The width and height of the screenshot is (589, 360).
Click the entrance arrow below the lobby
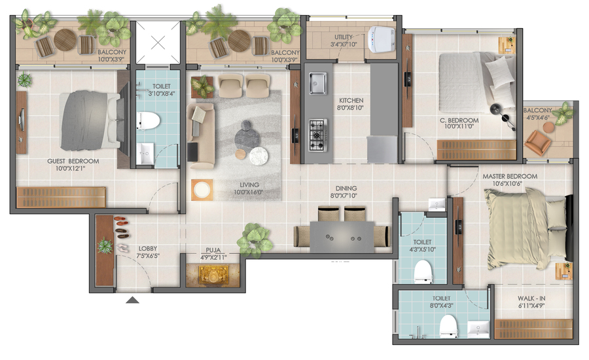(x=132, y=300)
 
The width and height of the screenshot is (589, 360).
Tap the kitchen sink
(x=318, y=83)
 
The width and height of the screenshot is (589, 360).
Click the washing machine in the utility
(x=381, y=39)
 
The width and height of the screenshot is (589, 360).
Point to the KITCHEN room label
(x=351, y=100)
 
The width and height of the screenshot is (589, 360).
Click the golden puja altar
(x=213, y=276)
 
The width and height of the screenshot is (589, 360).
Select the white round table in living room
(x=259, y=156)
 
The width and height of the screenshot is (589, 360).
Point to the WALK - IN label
(x=531, y=298)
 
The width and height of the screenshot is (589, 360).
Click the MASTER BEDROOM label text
(x=510, y=176)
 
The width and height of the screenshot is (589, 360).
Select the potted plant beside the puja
(x=255, y=240)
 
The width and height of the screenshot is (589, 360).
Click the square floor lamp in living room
(x=202, y=190)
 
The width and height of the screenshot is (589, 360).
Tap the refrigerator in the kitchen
(x=382, y=149)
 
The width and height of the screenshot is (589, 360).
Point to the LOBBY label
(x=148, y=248)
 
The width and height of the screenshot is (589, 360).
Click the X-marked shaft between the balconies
(x=158, y=43)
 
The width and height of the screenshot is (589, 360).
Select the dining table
(x=342, y=237)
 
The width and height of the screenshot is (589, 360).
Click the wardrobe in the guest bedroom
(x=61, y=197)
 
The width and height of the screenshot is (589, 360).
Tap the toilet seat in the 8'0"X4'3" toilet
(x=448, y=326)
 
